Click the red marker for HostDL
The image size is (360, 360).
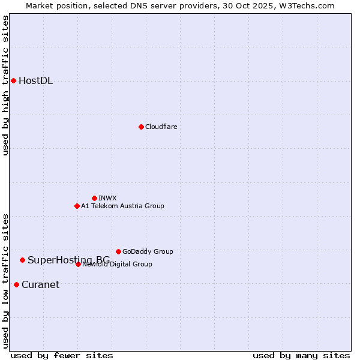coord(13,80)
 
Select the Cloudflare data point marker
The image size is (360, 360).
coord(141,127)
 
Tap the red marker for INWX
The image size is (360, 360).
coord(94,198)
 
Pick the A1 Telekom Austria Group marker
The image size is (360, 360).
coord(77,206)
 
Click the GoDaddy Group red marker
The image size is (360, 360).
coord(118,251)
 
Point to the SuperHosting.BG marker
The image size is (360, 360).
coord(22,260)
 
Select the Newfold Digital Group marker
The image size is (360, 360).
coord(78,264)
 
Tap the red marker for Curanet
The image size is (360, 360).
coord(16,284)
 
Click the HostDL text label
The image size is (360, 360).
coord(35,81)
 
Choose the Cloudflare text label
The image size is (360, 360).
coord(161,127)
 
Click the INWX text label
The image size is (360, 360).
coord(107,198)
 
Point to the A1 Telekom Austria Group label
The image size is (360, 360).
coord(122,206)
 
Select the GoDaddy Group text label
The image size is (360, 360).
coord(148,251)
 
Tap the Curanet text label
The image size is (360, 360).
coord(40,285)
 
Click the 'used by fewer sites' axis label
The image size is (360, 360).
coord(62,355)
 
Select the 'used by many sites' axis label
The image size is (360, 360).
coord(301,355)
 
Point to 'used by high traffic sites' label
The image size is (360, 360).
coord(5,85)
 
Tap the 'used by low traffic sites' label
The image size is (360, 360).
coord(5,280)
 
